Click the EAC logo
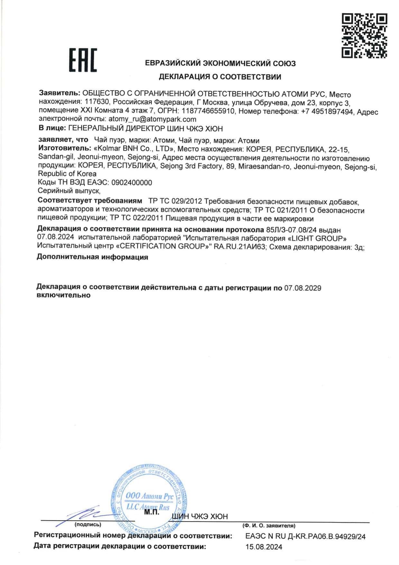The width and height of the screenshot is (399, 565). (83, 60)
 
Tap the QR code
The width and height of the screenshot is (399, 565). (364, 35)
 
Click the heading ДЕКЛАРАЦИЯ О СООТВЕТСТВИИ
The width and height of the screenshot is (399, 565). (220, 77)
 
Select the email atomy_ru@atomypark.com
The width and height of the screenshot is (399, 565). (152, 119)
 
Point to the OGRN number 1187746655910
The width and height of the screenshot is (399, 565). (208, 111)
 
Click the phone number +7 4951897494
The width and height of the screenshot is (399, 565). (327, 112)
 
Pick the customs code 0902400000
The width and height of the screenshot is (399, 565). (132, 183)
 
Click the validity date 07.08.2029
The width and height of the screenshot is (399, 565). (302, 288)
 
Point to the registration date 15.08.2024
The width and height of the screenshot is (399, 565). (264, 547)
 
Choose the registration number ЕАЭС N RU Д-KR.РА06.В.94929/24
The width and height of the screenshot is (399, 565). (305, 536)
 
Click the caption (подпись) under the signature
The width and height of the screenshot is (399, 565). (88, 524)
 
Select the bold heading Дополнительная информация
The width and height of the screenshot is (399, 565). (92, 257)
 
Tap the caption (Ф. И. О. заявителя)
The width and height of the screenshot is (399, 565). (269, 526)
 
